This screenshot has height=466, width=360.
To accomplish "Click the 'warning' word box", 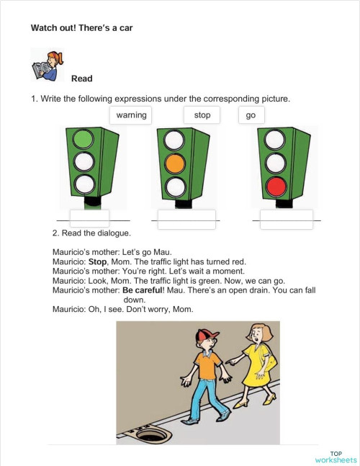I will (x=131, y=115).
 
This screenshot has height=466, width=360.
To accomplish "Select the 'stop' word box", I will (x=202, y=115).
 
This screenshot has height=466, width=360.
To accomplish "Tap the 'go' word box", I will (x=251, y=115).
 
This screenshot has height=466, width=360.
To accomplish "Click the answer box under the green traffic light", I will (x=89, y=219).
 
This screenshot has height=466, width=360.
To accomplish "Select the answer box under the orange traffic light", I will (x=186, y=219).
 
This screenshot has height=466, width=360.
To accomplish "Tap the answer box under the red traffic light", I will (x=287, y=219).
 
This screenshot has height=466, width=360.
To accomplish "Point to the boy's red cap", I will (x=207, y=335).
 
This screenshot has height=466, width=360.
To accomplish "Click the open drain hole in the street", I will (x=151, y=435).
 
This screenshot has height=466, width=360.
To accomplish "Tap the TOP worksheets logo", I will (x=335, y=456).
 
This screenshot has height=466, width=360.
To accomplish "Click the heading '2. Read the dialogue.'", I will (x=91, y=234).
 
